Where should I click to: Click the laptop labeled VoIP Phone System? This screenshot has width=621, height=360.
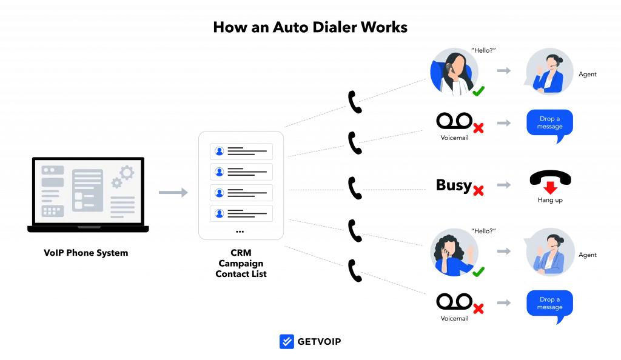89,194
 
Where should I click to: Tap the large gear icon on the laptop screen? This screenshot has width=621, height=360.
126,173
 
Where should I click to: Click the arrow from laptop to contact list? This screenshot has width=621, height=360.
173,193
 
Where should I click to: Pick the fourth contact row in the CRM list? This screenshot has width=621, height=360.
241,213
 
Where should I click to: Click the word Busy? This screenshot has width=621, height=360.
453,185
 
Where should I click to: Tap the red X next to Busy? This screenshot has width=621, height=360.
478,190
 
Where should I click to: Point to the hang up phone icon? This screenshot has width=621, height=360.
550,179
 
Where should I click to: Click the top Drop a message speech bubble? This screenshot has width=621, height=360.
550,124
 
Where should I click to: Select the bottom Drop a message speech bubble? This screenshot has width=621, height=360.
550,304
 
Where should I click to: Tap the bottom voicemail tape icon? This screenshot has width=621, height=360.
454,301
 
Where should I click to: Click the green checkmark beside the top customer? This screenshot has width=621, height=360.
478,92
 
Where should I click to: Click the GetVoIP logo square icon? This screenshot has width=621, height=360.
287,342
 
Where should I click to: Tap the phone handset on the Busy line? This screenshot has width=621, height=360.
355,188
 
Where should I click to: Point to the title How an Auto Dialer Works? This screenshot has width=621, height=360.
310,27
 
